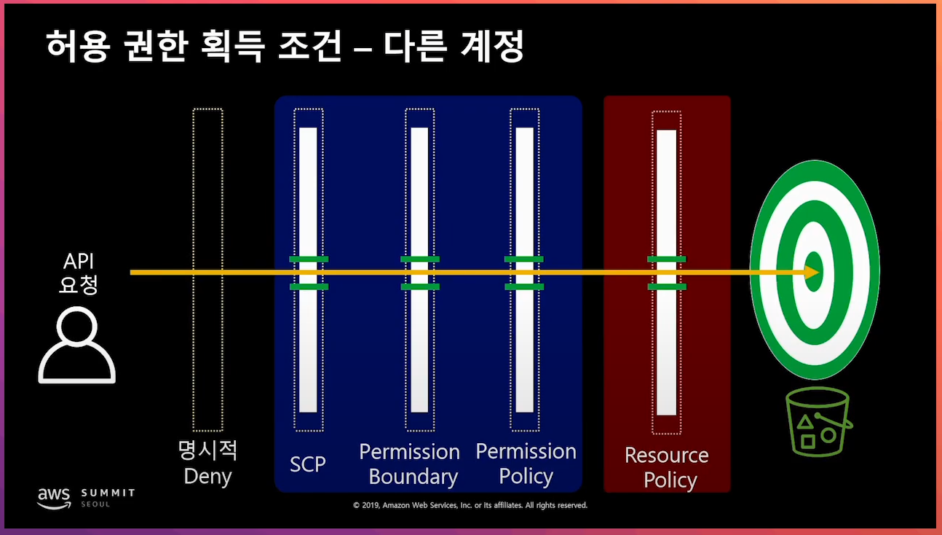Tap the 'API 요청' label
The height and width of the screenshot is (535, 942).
[x=79, y=273]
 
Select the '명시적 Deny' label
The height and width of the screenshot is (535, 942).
[x=207, y=464]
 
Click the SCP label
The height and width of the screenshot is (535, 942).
[x=308, y=464]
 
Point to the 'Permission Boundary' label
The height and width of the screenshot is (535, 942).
[x=410, y=464]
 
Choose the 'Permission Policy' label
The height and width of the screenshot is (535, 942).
[x=526, y=464]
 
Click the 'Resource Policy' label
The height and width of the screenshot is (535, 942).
[x=667, y=467]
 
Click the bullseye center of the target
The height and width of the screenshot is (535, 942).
[x=814, y=272]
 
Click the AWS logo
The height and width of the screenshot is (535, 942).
[x=55, y=497]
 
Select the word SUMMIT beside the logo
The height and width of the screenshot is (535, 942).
[x=108, y=493]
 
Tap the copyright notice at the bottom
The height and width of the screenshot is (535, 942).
[x=470, y=505]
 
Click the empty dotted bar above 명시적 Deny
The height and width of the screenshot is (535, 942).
[x=207, y=270]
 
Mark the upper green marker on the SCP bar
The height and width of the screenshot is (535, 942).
[x=309, y=259]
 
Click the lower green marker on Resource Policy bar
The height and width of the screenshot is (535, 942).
[x=667, y=287]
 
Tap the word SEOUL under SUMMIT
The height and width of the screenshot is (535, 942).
[x=96, y=504]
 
